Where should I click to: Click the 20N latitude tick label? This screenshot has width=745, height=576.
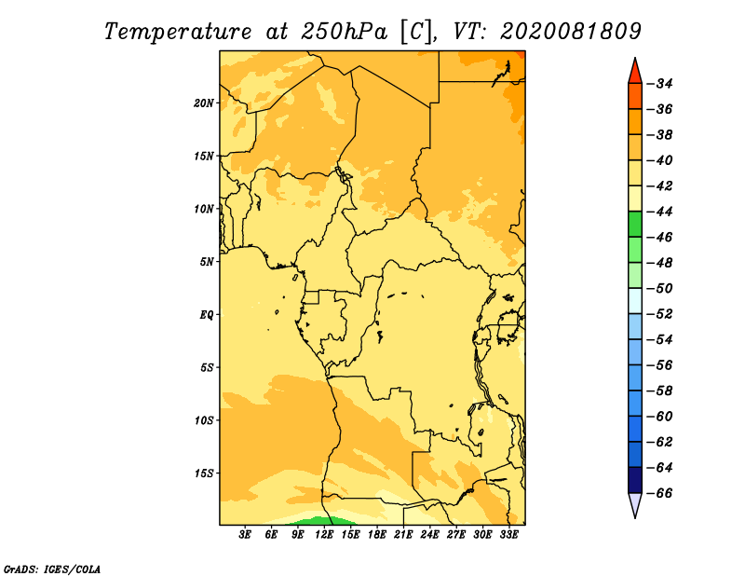tap(204, 103)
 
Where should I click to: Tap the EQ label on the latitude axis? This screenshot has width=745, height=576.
tap(206, 315)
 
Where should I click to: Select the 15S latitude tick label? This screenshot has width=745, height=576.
tap(204, 473)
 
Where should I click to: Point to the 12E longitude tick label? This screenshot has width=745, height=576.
tap(323, 535)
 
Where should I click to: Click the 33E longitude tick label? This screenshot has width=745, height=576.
tap(508, 535)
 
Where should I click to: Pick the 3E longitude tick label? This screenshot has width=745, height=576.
tap(245, 535)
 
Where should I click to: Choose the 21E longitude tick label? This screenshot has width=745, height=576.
tap(403, 535)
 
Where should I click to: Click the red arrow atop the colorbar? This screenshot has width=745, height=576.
tap(635, 73)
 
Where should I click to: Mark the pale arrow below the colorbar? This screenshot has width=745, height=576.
tap(635, 503)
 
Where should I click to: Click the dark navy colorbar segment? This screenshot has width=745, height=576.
tap(635, 480)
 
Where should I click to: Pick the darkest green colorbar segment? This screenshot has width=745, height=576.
tap(635, 225)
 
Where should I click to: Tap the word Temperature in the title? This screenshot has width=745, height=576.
tap(178, 32)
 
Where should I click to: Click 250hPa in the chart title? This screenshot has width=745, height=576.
tap(344, 32)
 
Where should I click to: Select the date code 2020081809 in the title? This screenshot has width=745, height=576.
tap(571, 32)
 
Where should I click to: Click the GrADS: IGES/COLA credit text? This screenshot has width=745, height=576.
tap(52, 569)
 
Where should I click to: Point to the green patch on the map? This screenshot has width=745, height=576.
tap(319, 521)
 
